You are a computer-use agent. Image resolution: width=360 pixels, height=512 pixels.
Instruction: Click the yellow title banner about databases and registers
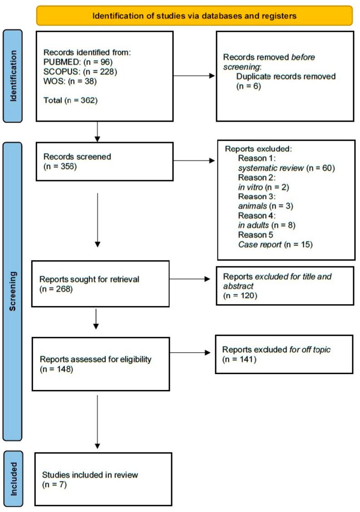(194, 15)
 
